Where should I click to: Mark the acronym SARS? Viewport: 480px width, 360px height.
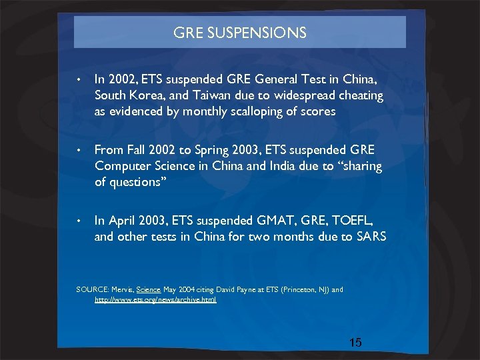(371, 236)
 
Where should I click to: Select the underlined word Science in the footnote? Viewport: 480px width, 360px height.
(148, 290)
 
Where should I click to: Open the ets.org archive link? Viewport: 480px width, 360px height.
(155, 300)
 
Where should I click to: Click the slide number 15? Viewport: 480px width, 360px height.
(355, 343)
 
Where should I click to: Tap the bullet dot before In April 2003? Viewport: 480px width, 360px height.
(79, 221)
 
